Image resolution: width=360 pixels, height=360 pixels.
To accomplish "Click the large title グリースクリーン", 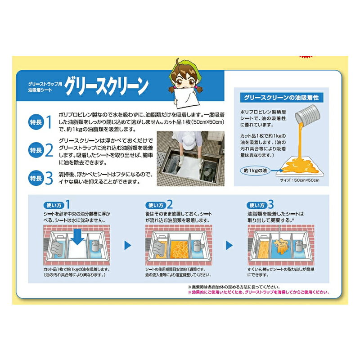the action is click(x=106, y=86).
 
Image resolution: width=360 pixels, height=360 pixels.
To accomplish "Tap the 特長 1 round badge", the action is click(x=36, y=122).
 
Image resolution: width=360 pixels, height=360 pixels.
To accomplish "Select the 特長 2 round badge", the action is click(x=36, y=150).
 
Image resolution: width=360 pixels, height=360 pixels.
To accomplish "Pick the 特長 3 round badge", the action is click(x=36, y=178).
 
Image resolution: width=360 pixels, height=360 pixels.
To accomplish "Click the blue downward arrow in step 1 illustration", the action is click(x=77, y=237).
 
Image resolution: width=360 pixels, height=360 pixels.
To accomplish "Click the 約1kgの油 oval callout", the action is click(x=255, y=171).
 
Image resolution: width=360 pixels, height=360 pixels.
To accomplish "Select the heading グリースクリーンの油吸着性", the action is click(x=281, y=98).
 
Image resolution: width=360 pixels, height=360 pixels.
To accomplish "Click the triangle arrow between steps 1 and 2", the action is click(x=128, y=245).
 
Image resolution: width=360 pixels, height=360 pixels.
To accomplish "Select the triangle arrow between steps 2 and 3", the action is click(x=229, y=245).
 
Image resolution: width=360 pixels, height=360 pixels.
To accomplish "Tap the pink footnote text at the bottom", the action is click(x=258, y=292).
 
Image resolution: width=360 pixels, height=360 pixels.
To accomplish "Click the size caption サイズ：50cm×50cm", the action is click(x=299, y=180).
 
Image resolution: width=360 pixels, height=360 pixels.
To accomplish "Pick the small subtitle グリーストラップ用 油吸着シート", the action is click(x=45, y=87).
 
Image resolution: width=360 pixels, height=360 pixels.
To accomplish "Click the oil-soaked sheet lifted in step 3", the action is click(x=281, y=246).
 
